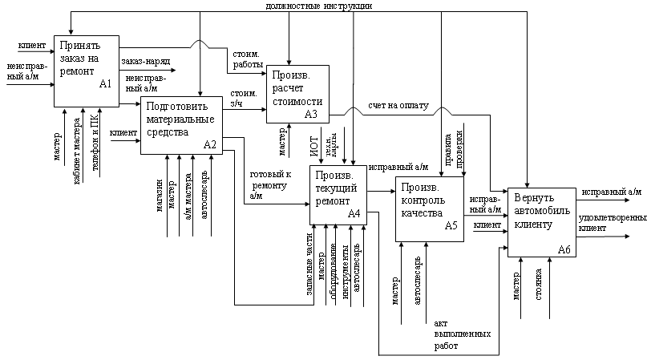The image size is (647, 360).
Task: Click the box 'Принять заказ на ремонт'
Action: (87, 70)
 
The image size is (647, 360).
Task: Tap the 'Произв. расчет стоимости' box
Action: (297, 93)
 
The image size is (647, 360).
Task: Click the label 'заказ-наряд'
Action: (144, 61)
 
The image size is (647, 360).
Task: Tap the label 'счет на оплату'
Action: (398, 106)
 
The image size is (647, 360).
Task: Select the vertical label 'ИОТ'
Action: (315, 148)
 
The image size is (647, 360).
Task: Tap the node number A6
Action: (564, 251)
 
